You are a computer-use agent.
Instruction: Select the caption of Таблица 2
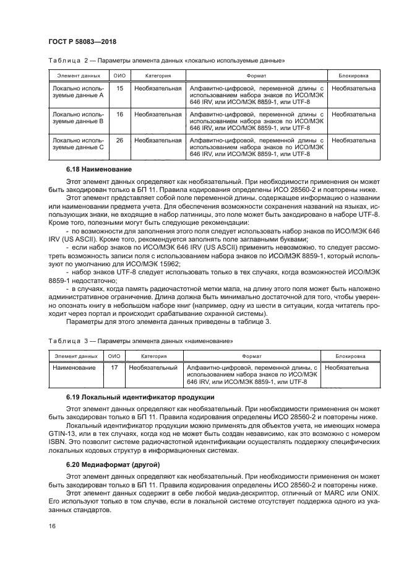165,61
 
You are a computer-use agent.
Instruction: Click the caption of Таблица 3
139,341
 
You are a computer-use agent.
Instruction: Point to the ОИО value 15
119,89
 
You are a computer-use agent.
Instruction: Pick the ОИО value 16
119,115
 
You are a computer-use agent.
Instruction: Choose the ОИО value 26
119,141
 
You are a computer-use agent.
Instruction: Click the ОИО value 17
114,368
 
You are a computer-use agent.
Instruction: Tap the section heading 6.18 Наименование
104,168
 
